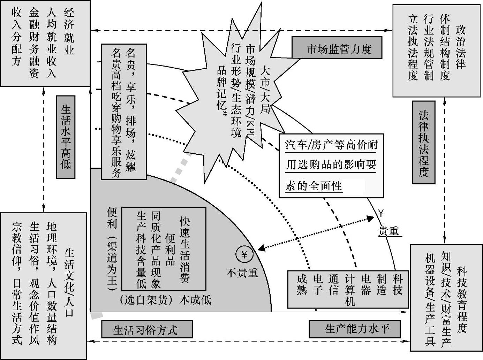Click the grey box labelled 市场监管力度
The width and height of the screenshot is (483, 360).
(x=337, y=48)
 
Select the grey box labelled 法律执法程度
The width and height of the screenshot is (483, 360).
(x=423, y=142)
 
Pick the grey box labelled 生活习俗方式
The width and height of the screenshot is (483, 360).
(x=147, y=329)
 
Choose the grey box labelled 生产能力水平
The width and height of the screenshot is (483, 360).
(x=355, y=329)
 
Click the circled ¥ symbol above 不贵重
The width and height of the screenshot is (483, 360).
(x=244, y=255)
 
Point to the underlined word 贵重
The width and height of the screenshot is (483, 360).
(x=389, y=231)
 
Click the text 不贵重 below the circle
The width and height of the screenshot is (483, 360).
(x=242, y=273)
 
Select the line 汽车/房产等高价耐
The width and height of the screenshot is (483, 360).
(x=331, y=145)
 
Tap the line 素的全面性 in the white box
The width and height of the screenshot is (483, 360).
(x=314, y=186)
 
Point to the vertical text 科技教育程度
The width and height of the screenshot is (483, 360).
(x=462, y=300)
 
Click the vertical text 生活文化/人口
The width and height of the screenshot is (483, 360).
(x=69, y=282)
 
